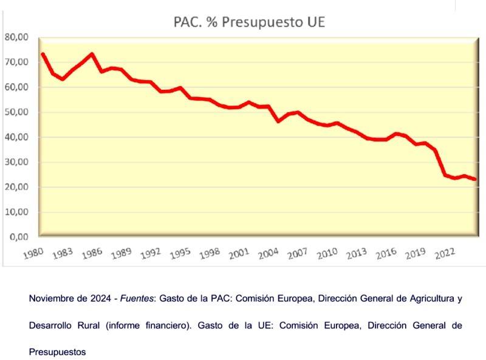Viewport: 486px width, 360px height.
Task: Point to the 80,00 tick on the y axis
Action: [x=17, y=37]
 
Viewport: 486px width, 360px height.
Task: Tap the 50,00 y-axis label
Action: [x=17, y=112]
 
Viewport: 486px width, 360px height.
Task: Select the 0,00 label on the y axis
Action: [x=20, y=237]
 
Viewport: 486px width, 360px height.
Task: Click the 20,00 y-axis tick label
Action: [x=17, y=187]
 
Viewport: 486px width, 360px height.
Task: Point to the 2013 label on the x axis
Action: [x=355, y=253]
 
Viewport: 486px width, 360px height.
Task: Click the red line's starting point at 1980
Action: [x=43, y=54]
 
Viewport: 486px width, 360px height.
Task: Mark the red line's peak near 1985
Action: [x=92, y=54]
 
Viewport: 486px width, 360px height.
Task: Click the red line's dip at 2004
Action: [x=278, y=121]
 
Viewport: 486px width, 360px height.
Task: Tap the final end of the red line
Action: [x=474, y=179]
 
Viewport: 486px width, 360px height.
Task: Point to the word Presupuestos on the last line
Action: [x=57, y=351]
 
